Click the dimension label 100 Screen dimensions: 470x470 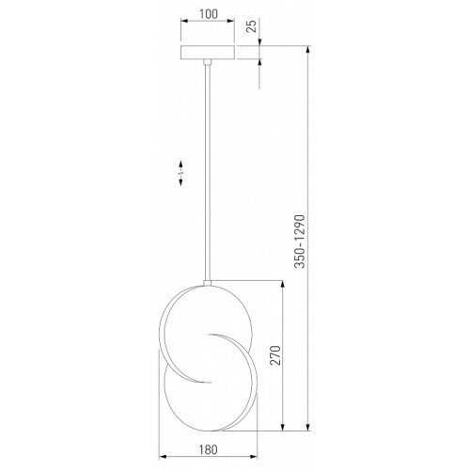pos(209,14)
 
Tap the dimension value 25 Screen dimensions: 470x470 pos(252,25)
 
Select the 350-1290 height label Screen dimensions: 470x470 pos(300,242)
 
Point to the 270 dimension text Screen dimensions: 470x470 pos(275,355)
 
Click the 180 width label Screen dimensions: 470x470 pos(208,449)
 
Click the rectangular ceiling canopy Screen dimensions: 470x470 pos(208,53)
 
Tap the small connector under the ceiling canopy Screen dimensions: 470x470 pos(207,62)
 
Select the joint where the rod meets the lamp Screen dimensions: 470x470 pos(207,283)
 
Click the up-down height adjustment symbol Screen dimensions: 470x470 pos(180,173)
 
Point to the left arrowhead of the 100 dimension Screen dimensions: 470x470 pos(185,21)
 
